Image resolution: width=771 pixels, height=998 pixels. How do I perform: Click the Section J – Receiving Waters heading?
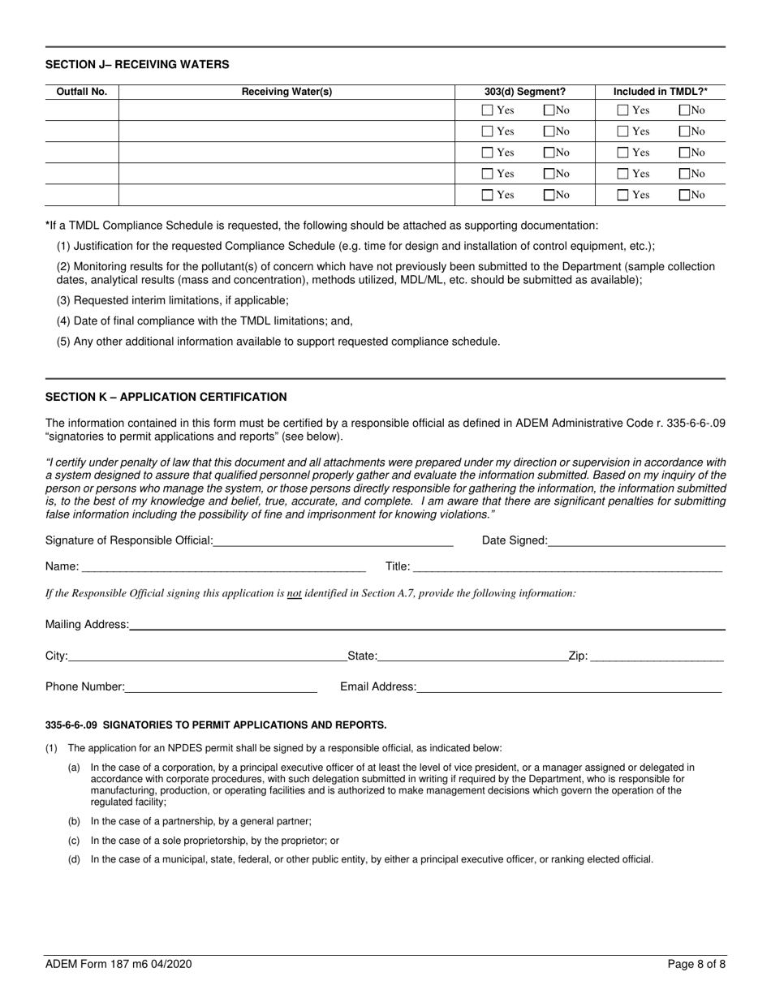coord(137,64)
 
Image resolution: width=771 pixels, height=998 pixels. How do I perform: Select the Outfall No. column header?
coord(81,92)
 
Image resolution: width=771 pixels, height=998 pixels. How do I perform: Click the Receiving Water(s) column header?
coord(287,92)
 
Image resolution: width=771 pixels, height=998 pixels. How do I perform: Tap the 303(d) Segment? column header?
coord(525,92)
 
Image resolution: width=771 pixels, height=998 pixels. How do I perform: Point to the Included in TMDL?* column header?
coord(660,92)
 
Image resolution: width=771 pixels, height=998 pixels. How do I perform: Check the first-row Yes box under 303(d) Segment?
coord(487,110)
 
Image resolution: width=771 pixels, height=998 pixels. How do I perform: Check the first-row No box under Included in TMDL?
coord(685,110)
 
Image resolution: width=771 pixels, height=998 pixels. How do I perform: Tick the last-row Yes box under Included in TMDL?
coord(622,195)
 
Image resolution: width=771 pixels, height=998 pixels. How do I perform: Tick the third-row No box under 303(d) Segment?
coord(549,153)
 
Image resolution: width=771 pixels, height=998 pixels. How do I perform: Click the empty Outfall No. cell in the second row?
coord(81,131)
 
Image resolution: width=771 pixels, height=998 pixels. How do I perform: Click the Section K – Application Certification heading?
coord(166,397)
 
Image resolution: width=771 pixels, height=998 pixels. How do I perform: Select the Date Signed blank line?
coord(636,540)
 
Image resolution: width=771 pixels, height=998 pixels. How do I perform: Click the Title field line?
coord(567,566)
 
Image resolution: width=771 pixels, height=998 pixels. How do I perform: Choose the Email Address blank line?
coord(569,687)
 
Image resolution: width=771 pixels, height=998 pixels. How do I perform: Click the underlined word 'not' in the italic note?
coord(295,593)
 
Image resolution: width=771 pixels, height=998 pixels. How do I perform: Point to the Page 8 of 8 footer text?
coord(696,966)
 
